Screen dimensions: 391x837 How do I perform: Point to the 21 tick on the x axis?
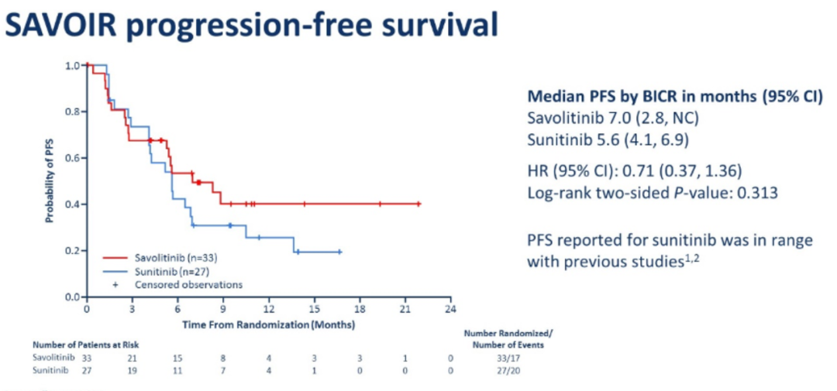pyautogui.click(x=404, y=309)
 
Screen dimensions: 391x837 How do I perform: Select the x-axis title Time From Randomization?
pyautogui.click(x=268, y=324)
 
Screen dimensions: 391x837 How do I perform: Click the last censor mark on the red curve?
pyautogui.click(x=418, y=204)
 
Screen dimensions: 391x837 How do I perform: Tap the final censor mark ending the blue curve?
pyautogui.click(x=339, y=252)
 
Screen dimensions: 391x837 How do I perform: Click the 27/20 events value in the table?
pyautogui.click(x=508, y=372)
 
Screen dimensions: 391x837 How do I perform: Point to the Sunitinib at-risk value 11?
pyautogui.click(x=177, y=372)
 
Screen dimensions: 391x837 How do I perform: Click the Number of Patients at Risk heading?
pyautogui.click(x=85, y=344)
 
